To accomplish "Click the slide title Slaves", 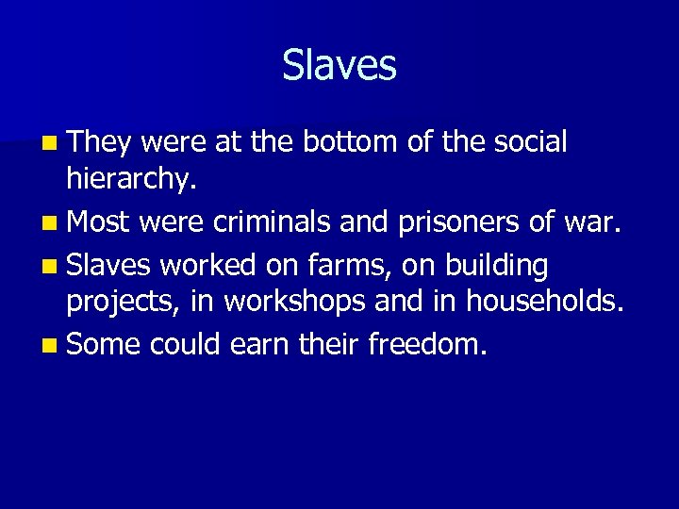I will coord(339,65).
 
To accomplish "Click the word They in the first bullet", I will coord(104,142).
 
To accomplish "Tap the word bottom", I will coord(350,142).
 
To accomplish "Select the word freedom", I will coord(427,345).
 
